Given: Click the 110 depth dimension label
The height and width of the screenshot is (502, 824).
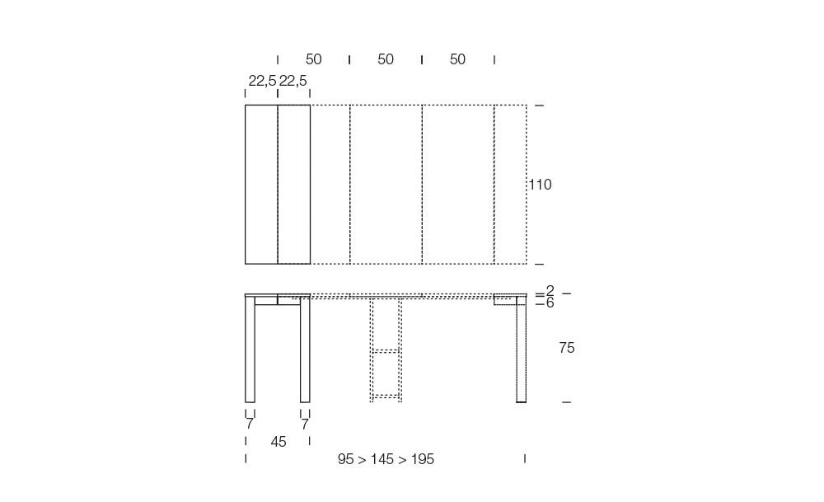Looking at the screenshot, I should [x=540, y=185].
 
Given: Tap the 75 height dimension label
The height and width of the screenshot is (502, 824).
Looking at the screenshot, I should [x=566, y=348].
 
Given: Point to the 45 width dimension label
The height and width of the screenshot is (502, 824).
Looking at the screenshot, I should [x=279, y=442].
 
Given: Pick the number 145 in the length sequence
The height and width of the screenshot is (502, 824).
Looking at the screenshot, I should [x=382, y=459].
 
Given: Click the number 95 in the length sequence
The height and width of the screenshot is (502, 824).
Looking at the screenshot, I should [x=346, y=459].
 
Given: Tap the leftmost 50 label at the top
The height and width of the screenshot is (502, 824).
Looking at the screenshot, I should [x=313, y=59].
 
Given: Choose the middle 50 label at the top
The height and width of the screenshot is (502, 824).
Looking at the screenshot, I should [x=386, y=59].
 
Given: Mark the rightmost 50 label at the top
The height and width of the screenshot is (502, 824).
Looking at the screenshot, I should [x=457, y=59].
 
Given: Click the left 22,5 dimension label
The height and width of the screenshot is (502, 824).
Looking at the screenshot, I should [x=262, y=81].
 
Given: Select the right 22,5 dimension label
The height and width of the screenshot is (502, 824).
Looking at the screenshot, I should [x=293, y=81].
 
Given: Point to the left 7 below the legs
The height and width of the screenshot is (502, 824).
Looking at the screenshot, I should [x=249, y=425].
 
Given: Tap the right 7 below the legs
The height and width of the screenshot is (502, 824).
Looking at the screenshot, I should [x=305, y=425].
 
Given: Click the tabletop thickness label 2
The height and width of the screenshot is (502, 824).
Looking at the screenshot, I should [x=550, y=291].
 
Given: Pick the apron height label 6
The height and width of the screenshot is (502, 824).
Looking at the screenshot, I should [x=550, y=303].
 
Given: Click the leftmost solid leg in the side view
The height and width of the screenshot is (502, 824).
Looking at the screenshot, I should [x=250, y=350].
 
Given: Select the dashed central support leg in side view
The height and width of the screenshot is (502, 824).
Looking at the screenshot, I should [x=386, y=350].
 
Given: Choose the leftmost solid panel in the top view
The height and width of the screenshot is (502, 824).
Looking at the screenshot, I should [x=261, y=185].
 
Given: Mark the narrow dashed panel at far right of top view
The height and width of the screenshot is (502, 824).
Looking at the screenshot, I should [x=510, y=185].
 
